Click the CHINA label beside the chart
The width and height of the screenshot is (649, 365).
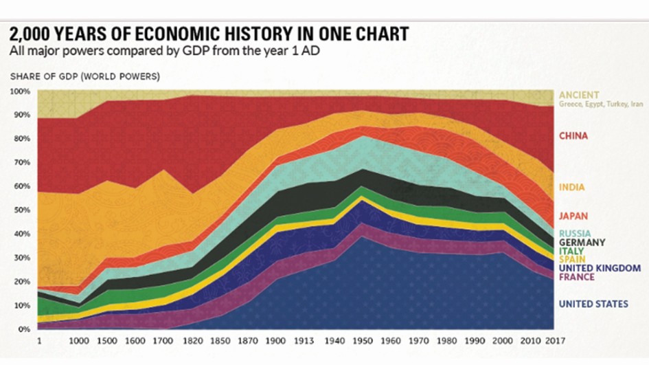point(573,136)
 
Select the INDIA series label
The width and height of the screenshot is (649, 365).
point(571,188)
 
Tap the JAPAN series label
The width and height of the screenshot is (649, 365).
point(573,216)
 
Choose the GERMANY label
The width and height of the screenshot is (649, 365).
point(582,243)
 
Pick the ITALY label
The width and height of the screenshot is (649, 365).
point(571,251)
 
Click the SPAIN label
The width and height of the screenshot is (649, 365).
point(571,259)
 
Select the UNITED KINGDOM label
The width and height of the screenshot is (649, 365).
point(590,268)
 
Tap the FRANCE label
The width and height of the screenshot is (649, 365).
point(576,277)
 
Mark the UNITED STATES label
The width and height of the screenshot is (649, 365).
point(593,304)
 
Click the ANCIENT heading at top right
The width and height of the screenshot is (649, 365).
point(579,95)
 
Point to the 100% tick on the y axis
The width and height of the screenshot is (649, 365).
point(20,91)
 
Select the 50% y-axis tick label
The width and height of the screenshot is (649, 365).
point(22,210)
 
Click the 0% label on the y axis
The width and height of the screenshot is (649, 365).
point(24,329)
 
